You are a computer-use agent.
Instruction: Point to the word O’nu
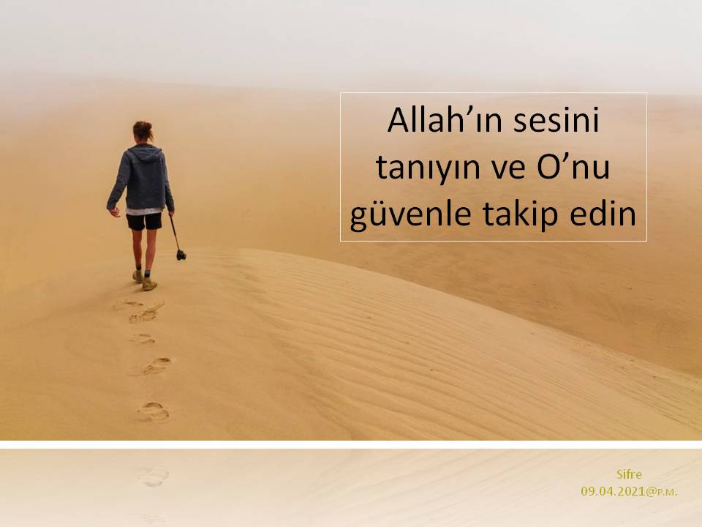[573, 166]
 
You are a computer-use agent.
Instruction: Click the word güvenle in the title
[410, 214]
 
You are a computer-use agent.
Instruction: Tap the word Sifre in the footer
[629, 474]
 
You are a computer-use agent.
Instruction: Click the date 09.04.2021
[613, 491]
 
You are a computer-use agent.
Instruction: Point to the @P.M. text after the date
[662, 492]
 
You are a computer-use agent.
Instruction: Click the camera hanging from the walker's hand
[181, 255]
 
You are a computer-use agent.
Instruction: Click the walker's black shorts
[144, 221]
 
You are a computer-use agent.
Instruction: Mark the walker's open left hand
[115, 212]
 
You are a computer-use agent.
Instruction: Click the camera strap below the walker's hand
[174, 232]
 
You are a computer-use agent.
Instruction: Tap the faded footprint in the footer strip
[153, 476]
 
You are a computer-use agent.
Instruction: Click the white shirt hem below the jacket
[144, 211]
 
